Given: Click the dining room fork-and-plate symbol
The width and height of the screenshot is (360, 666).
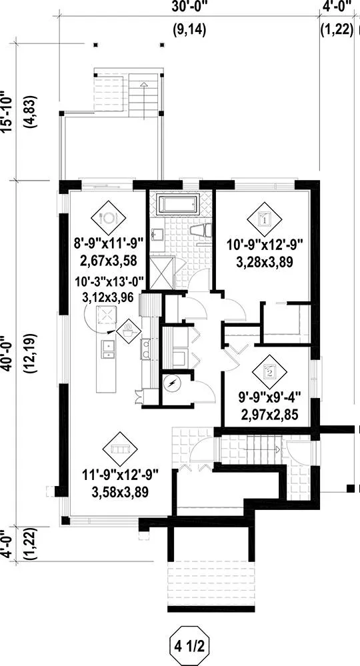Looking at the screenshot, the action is pos(109,218).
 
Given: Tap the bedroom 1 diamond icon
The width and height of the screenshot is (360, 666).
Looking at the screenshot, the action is pos(265,219).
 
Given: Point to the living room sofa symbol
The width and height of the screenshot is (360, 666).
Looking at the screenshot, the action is pos(120,449).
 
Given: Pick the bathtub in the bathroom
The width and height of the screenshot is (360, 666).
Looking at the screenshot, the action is pos(178,204).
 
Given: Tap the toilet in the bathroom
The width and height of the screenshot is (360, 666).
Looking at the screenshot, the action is pos(201,231).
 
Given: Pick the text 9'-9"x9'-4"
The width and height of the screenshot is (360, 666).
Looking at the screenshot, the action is pos(269,399).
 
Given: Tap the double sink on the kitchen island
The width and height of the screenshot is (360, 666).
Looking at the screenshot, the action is pos(108,349).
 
